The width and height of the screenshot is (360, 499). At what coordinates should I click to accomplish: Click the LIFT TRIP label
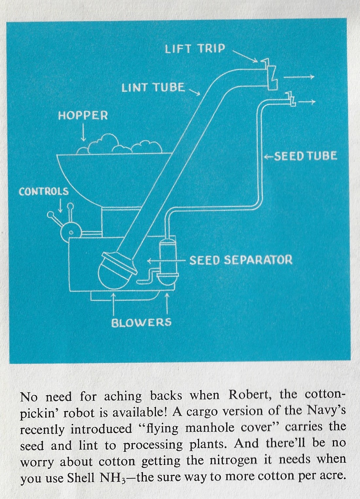[x=195, y=49]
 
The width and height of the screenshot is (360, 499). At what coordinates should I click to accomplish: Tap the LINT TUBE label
[x=153, y=88]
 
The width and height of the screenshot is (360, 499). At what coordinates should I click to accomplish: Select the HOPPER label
[x=83, y=116]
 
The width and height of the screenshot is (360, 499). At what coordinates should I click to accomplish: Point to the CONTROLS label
[x=44, y=191]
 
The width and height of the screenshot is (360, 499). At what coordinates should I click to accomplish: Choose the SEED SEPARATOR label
[x=241, y=260]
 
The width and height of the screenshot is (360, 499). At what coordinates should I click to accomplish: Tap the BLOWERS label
[x=141, y=323]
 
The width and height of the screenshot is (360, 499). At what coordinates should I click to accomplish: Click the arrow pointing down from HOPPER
[x=83, y=134]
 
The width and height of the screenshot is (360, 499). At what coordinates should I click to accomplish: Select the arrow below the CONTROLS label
[x=60, y=205]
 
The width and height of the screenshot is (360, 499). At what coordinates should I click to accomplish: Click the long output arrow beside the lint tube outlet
[x=298, y=77]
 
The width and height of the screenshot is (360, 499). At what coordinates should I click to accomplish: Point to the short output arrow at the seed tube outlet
[x=307, y=102]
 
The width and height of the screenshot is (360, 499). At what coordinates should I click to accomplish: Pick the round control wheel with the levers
[x=70, y=232]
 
